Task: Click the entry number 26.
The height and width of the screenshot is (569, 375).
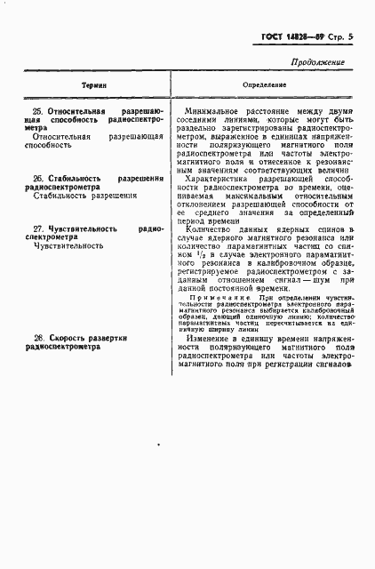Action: pyautogui.click(x=37, y=179)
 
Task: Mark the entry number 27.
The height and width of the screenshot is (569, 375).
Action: pyautogui.click(x=37, y=228)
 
